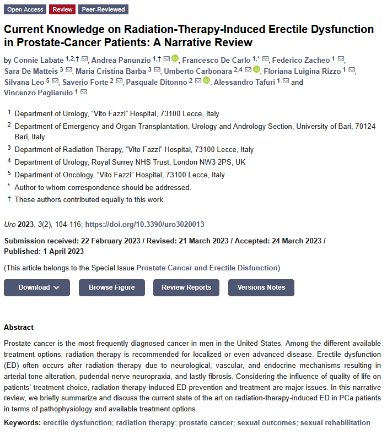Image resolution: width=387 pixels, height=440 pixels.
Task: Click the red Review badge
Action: (x=62, y=9)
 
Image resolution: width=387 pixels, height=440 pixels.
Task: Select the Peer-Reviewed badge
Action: (x=104, y=9)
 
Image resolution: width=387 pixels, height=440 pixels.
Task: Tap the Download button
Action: (x=37, y=287)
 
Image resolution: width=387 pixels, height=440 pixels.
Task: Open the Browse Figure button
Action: (x=112, y=287)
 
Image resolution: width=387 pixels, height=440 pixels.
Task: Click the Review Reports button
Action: (x=186, y=287)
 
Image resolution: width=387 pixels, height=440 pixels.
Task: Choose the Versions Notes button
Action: (x=261, y=287)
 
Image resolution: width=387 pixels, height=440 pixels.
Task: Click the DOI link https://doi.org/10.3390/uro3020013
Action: (x=145, y=225)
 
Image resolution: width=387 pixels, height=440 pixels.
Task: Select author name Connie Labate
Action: (x=38, y=60)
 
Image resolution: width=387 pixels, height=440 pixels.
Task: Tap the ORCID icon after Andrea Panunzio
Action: (x=175, y=59)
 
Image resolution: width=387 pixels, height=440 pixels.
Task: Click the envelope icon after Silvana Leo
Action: (x=55, y=82)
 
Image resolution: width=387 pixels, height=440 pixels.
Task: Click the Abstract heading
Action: (x=19, y=327)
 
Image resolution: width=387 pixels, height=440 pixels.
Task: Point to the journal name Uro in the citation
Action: (x=9, y=225)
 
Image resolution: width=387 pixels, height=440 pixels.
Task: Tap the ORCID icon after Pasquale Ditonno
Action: (x=206, y=81)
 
